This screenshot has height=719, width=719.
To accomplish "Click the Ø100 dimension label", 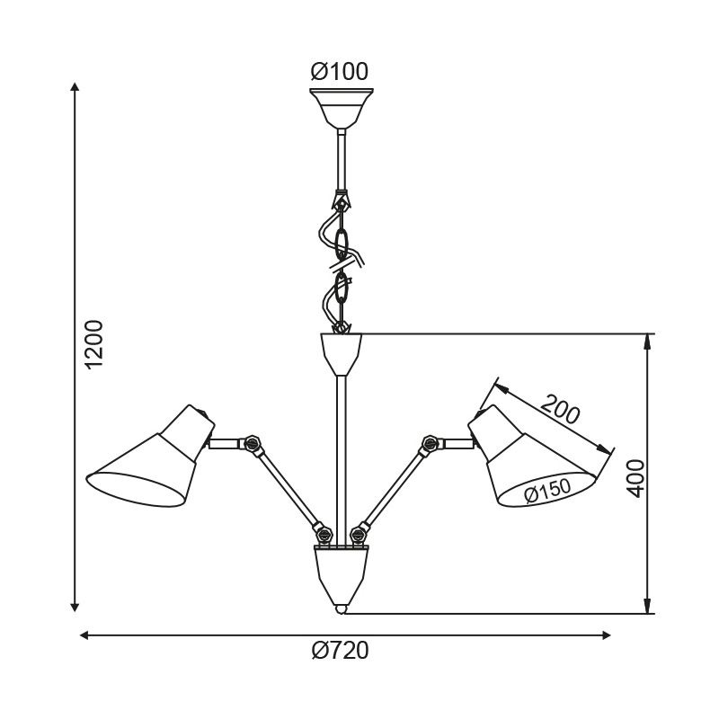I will click(340, 71).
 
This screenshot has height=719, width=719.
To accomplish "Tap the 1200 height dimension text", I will click(94, 343).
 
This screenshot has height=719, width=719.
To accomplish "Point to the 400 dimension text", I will click(635, 478).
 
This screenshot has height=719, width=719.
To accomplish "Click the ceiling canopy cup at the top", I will click(341, 106).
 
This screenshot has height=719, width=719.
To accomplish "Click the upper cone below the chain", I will click(341, 352).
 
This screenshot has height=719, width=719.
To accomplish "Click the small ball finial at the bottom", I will click(341, 608).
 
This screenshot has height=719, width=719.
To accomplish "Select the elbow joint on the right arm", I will click(431, 443).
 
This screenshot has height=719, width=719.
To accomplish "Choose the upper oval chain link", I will click(342, 242).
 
